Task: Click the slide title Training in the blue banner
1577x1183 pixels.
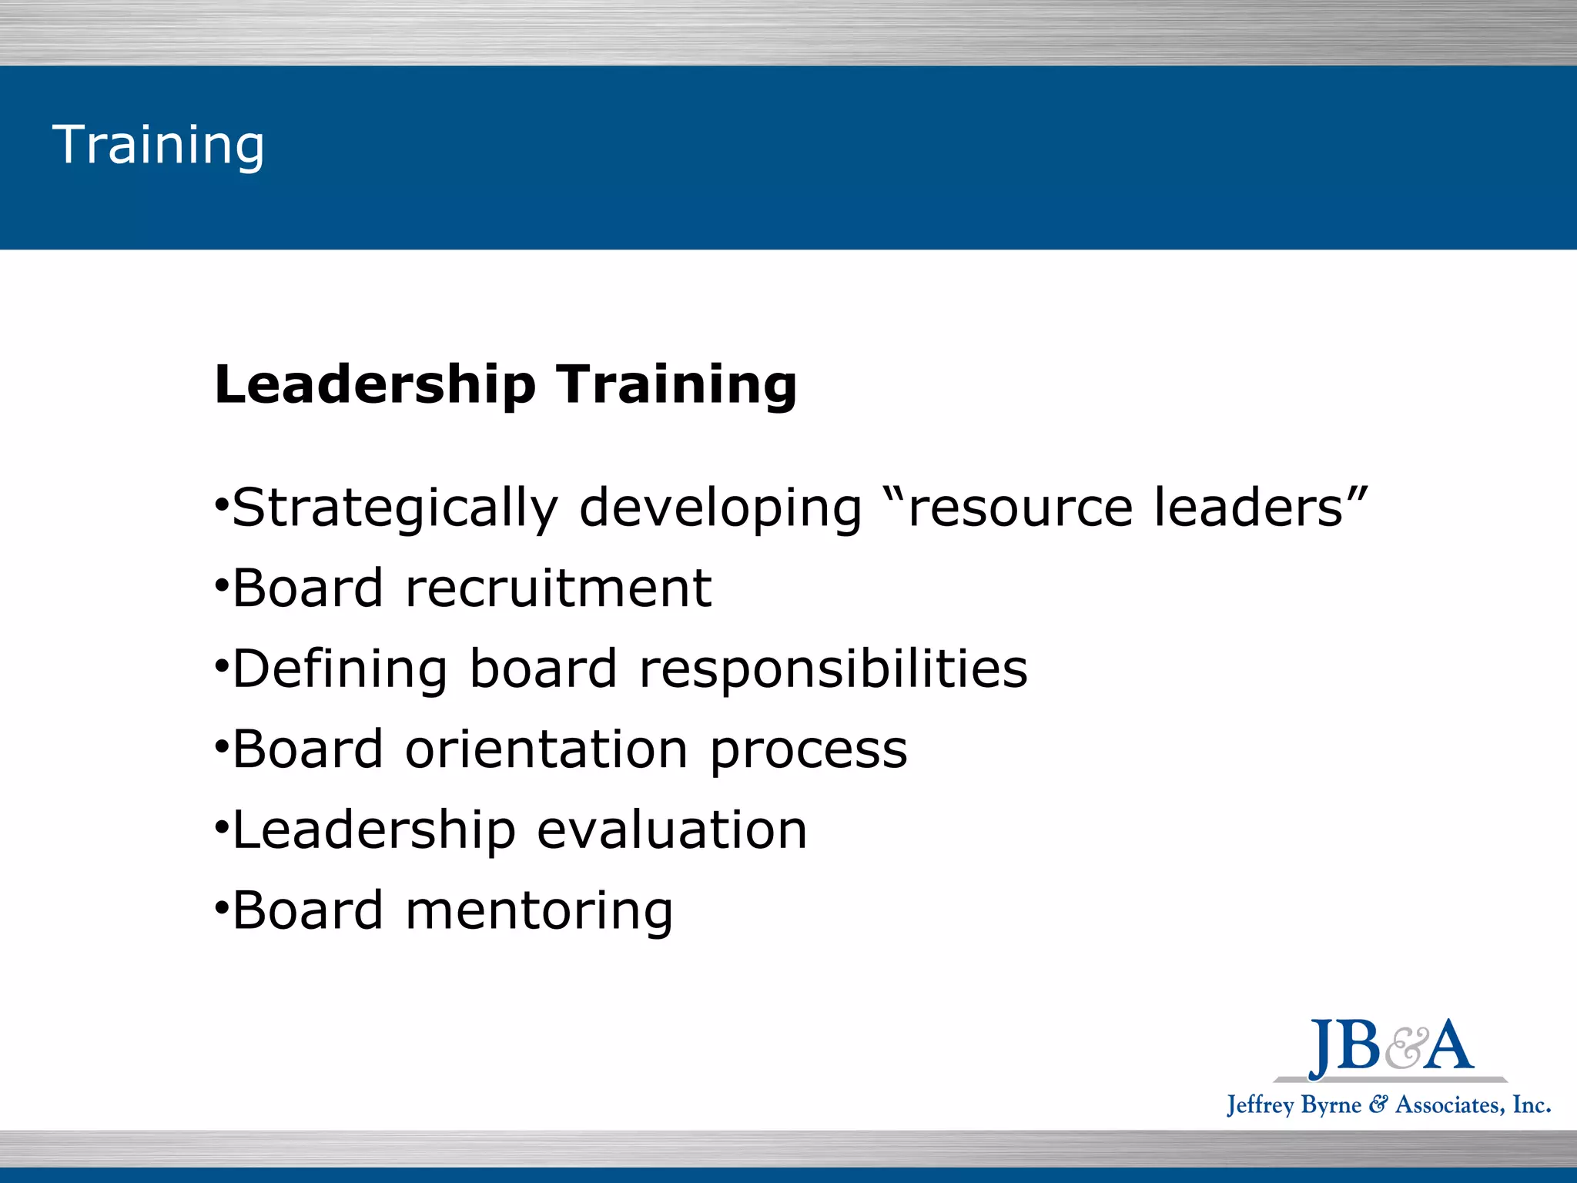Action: tap(158, 145)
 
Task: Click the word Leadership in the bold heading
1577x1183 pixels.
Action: tap(375, 384)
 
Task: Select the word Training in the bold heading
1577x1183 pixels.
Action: tap(677, 384)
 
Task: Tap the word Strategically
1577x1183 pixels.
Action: tap(395, 508)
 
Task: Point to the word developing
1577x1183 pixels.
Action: tap(720, 508)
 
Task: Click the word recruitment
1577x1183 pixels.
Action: tap(558, 588)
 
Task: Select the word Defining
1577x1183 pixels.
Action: tap(340, 669)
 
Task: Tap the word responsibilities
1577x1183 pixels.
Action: tap(833, 669)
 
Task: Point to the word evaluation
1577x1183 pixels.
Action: tap(672, 829)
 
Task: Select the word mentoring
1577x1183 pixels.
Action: tap(539, 911)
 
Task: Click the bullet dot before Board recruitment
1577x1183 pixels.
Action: tap(221, 587)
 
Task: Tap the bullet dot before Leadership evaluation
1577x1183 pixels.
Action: tap(221, 828)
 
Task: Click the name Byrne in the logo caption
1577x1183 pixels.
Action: tap(1331, 1106)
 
